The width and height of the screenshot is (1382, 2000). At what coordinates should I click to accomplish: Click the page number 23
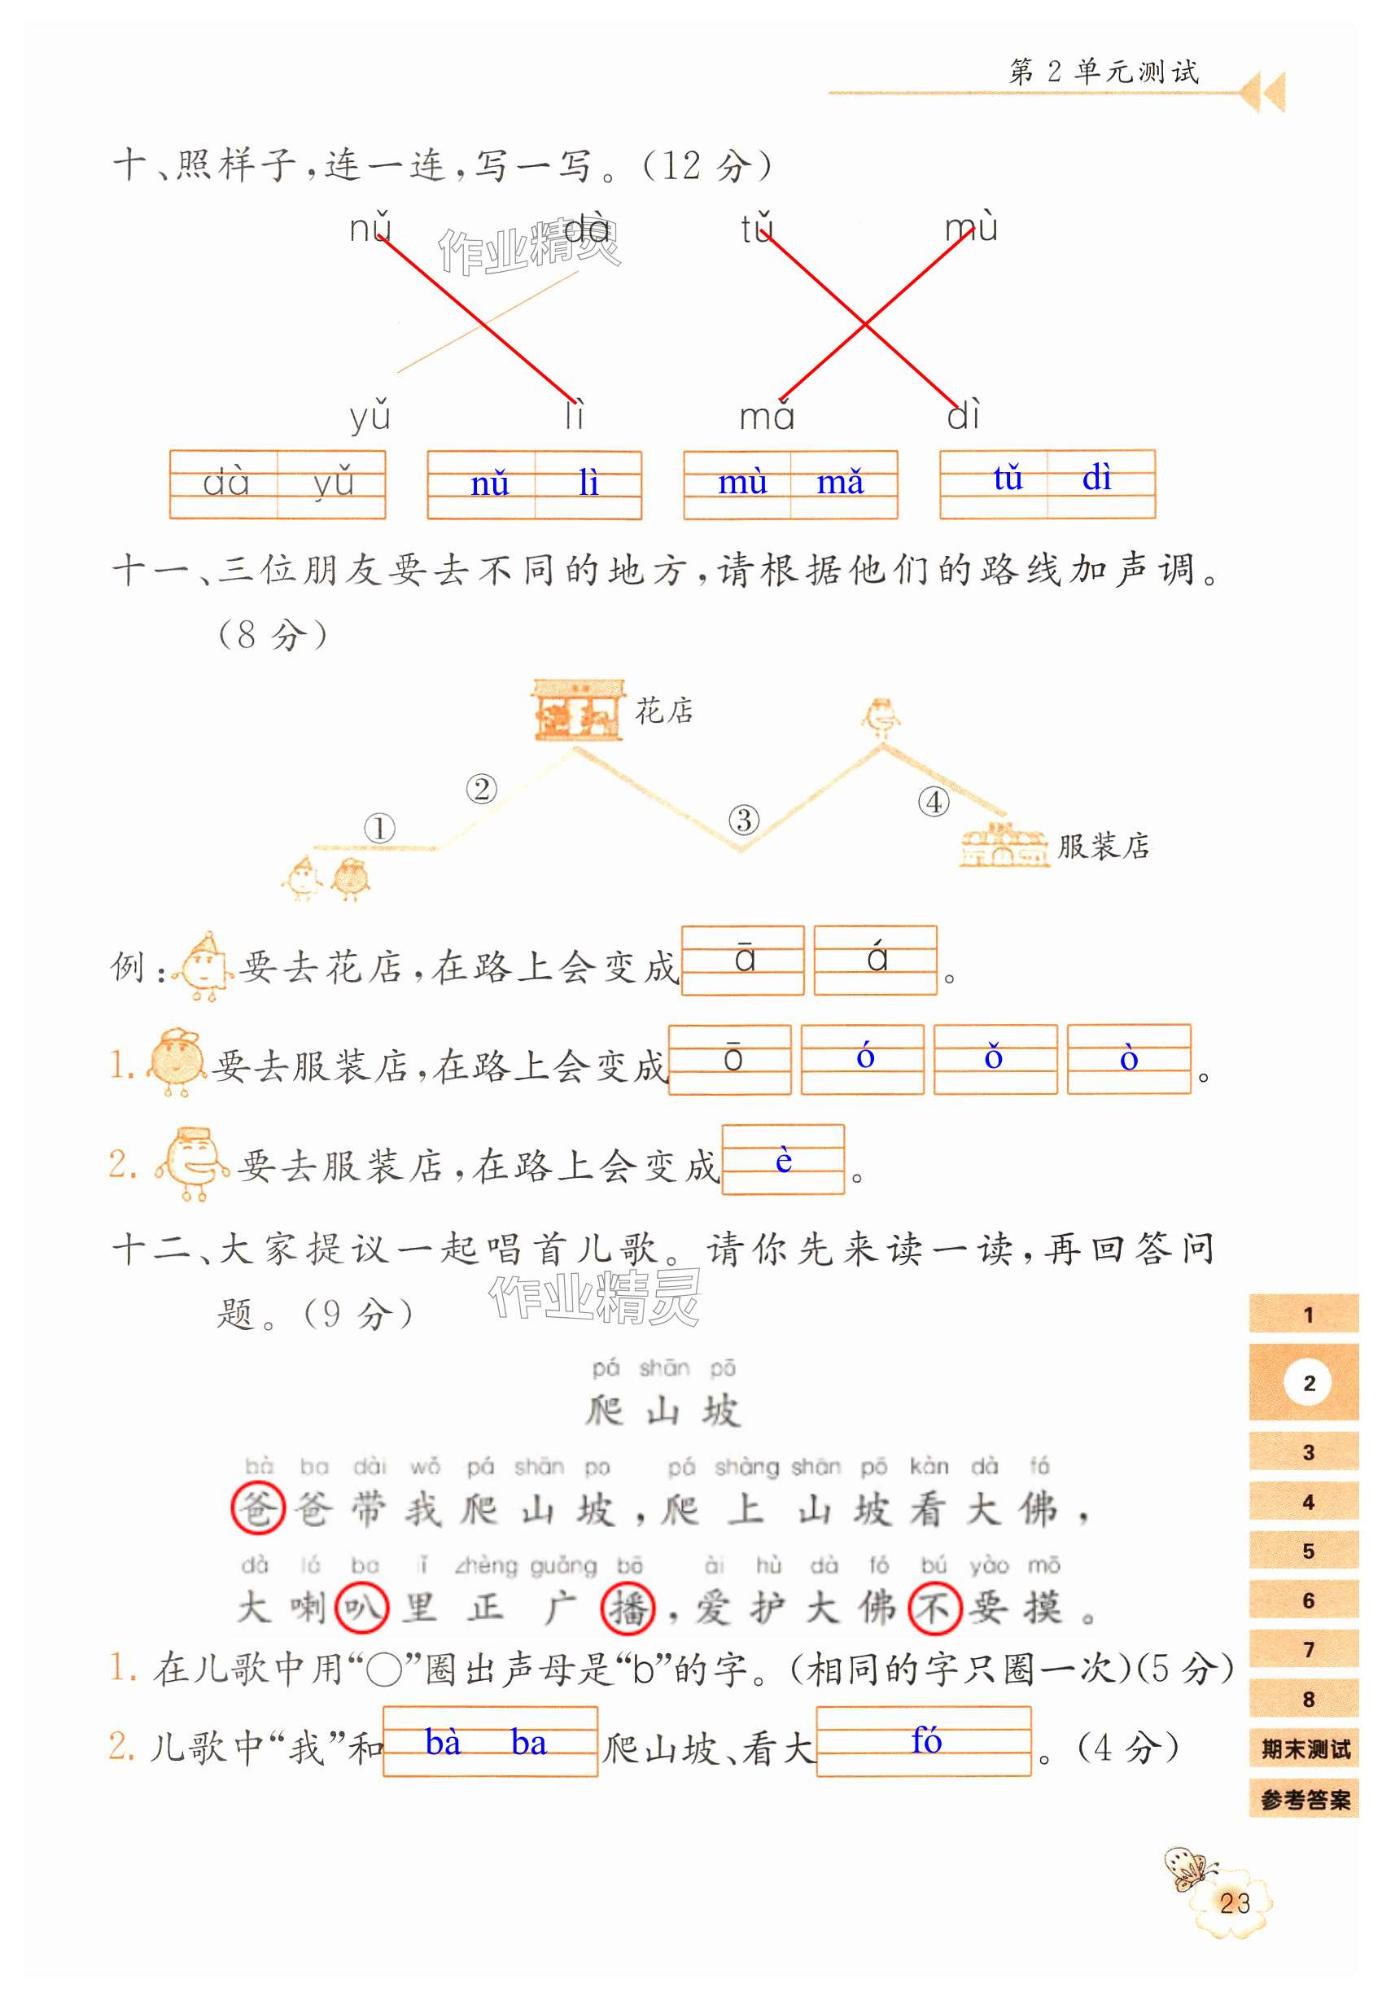click(x=1234, y=1902)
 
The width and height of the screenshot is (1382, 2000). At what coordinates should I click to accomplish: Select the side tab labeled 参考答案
click(x=1305, y=1800)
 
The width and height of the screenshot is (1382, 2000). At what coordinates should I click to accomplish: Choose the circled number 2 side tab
click(x=1308, y=1383)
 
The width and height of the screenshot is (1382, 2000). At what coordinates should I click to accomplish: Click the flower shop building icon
click(x=578, y=710)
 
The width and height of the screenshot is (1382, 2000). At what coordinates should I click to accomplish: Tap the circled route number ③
click(x=744, y=819)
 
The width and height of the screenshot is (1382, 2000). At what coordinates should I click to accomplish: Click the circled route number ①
click(x=379, y=828)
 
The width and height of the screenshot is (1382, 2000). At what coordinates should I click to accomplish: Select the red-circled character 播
click(x=627, y=1608)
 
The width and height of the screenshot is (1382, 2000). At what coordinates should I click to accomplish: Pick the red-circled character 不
click(x=934, y=1608)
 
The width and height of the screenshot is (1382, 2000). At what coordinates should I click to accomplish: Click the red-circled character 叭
click(x=361, y=1608)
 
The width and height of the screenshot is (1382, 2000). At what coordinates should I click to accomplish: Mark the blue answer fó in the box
click(x=925, y=1740)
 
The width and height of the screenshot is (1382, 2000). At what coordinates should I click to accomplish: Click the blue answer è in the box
click(x=783, y=1160)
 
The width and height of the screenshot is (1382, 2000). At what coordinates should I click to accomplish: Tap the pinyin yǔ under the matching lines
click(x=370, y=416)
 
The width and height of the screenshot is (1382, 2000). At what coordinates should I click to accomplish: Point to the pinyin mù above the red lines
click(x=971, y=228)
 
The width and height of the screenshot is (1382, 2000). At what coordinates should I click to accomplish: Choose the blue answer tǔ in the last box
click(x=1008, y=478)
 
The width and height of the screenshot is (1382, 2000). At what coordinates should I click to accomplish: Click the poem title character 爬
click(x=605, y=1410)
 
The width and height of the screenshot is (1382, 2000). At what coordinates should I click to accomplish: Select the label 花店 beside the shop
click(x=664, y=711)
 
